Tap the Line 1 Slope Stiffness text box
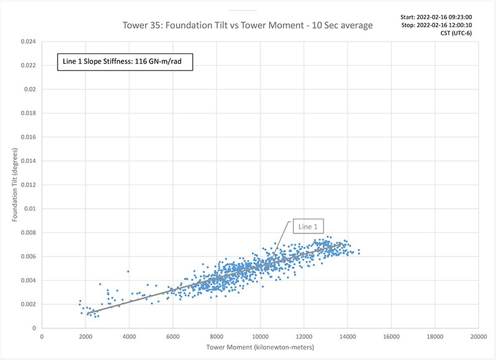coord(126,62)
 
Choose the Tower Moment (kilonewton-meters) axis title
coord(260,347)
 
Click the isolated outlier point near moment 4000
coord(128,271)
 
